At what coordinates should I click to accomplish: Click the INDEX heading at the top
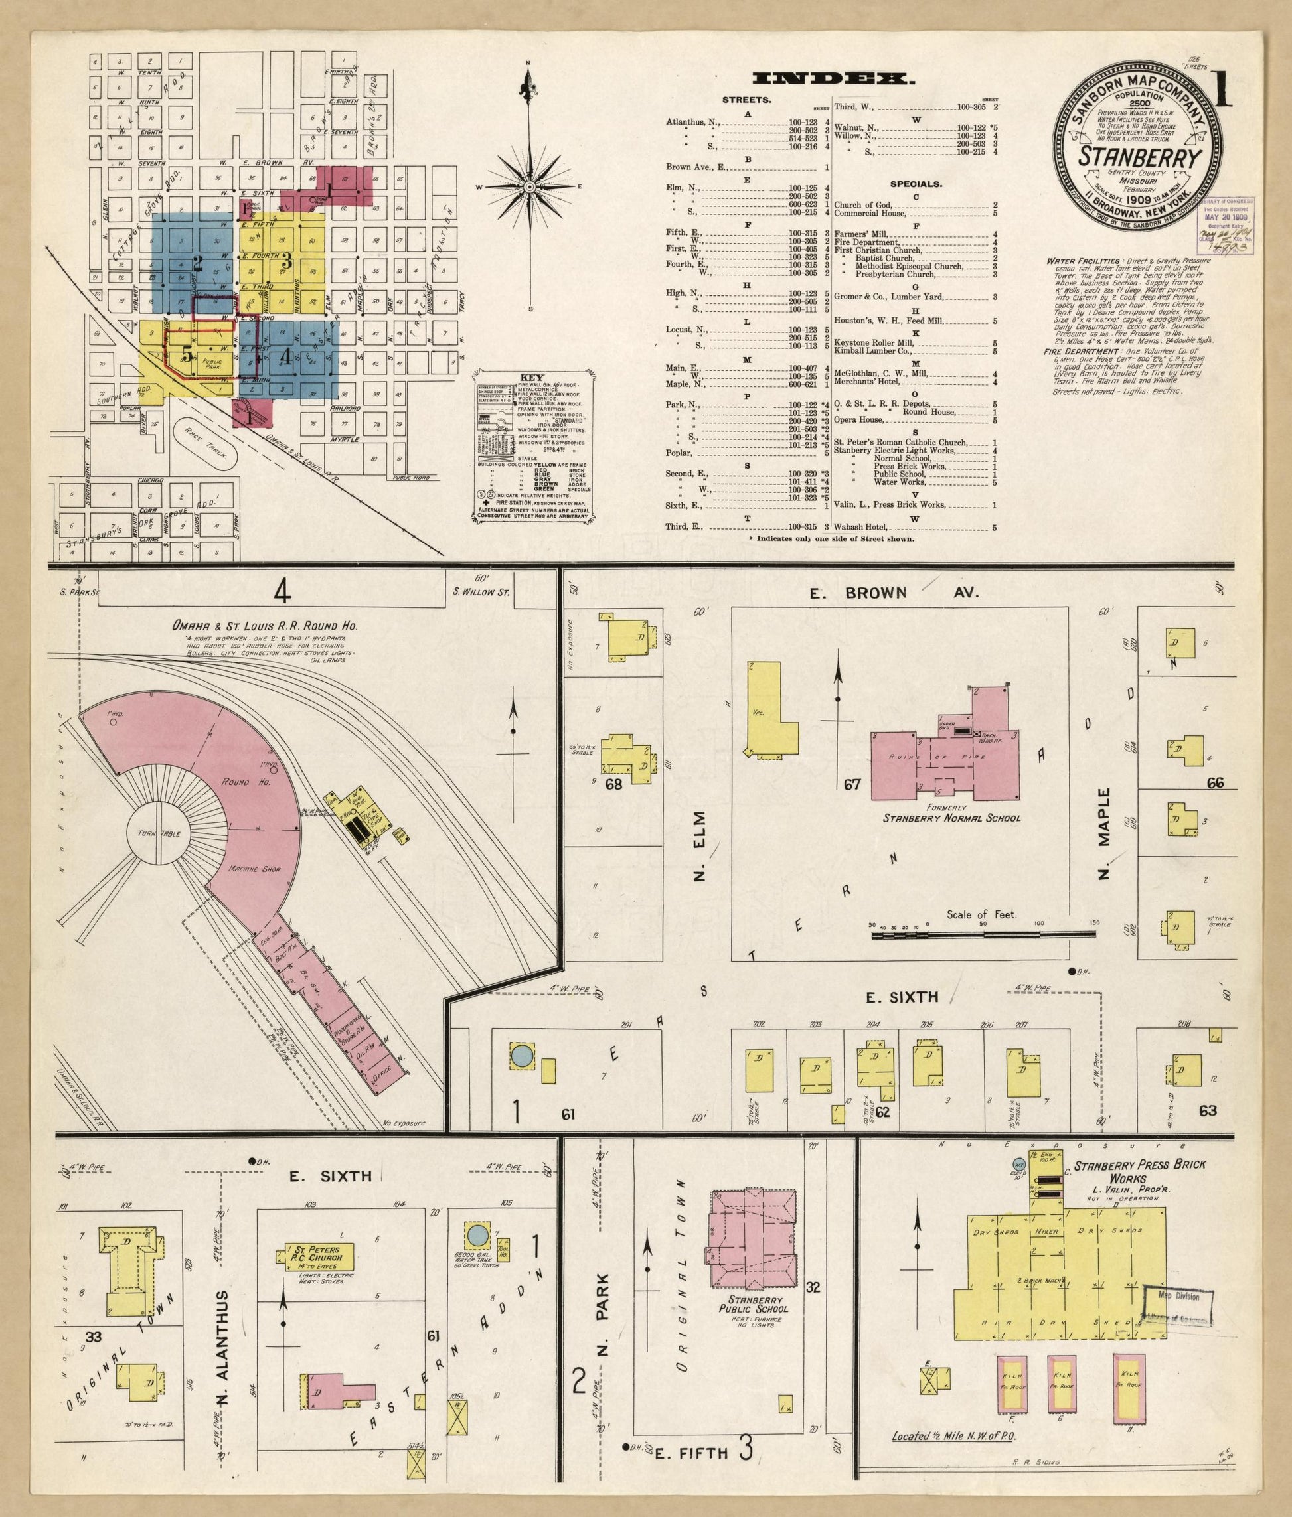point(833,78)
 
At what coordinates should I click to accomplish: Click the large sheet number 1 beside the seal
point(1222,90)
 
